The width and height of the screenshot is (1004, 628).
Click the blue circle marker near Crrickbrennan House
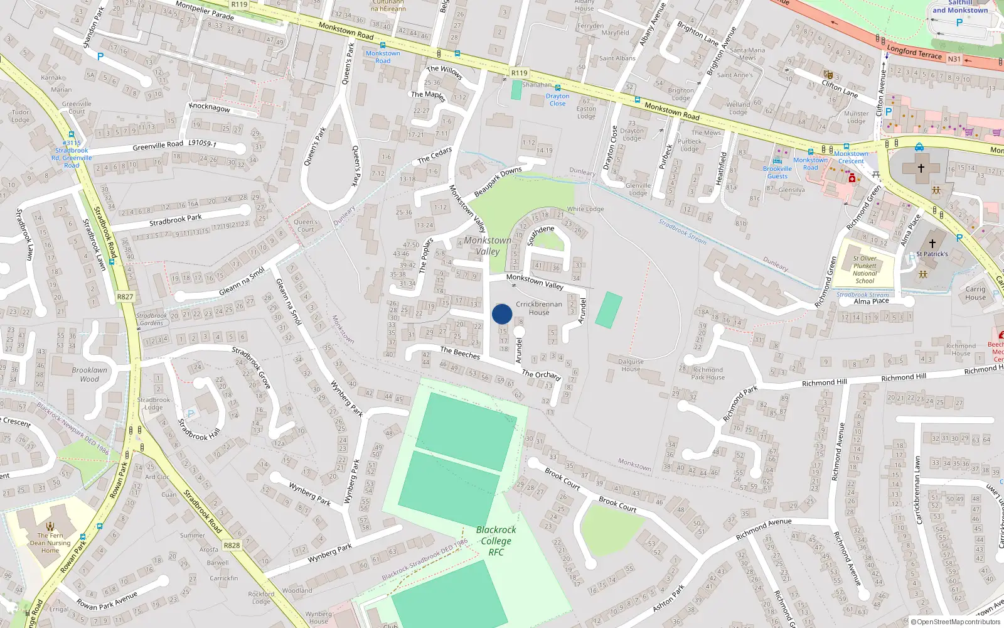pos(502,314)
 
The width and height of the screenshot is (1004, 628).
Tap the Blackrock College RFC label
pos(496,541)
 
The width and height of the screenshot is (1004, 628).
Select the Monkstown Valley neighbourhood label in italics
pos(488,246)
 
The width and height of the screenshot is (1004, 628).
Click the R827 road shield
pos(125,297)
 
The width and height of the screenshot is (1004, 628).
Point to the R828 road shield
pos(232,545)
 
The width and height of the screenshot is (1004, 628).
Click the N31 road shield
pos(954,59)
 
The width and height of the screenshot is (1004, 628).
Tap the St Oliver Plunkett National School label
pos(865,269)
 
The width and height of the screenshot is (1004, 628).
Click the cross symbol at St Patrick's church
pos(932,243)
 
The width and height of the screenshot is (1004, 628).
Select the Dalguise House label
pos(631,365)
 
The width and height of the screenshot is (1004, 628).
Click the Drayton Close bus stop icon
pos(557,88)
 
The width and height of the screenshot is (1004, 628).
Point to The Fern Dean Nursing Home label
pos(50,543)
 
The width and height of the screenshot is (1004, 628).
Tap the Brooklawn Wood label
pos(89,374)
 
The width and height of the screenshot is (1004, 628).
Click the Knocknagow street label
pos(210,107)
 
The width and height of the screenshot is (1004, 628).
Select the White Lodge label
pos(585,209)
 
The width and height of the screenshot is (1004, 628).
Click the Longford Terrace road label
pos(914,52)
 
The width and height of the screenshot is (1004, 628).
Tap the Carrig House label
pos(975,293)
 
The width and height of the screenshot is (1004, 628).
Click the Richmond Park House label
pos(708,374)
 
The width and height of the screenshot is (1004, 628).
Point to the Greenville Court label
pos(77,107)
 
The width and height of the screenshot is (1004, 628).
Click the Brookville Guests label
pos(777,172)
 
